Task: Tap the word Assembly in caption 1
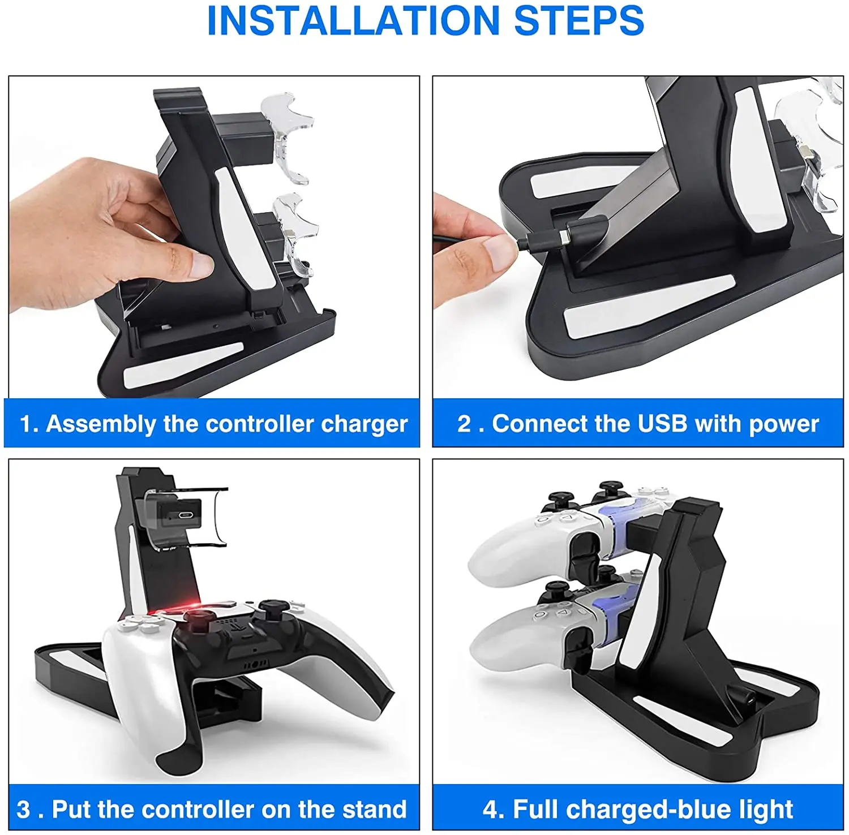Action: point(101,424)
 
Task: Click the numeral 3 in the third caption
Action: point(23,810)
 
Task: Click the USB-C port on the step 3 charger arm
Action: point(185,516)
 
